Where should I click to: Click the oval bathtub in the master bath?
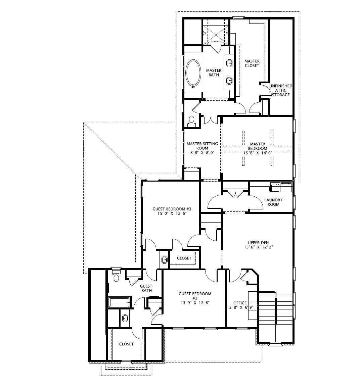point(193,73)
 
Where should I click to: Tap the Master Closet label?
point(252,63)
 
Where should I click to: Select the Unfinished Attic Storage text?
point(281,90)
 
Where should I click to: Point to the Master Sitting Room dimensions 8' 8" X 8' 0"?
point(202,152)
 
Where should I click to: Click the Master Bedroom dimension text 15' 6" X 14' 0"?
point(258,153)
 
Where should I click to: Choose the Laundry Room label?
point(273,202)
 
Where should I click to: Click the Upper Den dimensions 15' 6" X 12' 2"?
point(258,247)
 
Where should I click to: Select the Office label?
point(240,303)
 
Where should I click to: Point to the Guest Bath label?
point(146,288)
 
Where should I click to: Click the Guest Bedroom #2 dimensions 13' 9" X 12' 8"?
point(195,303)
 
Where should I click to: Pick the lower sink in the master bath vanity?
point(229,80)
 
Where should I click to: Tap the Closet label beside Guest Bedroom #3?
point(184,258)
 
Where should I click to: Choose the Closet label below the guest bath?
point(126,344)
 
